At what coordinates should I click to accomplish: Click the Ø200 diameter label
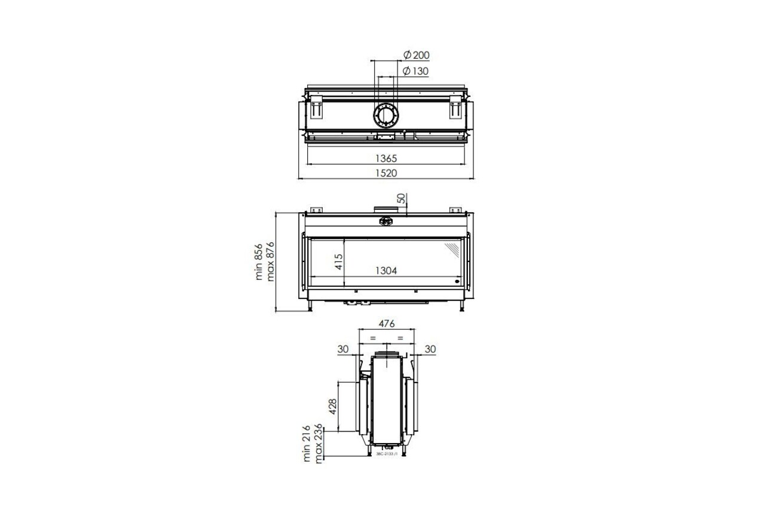click(416, 56)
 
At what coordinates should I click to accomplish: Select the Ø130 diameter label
click(416, 71)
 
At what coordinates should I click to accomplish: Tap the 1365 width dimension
click(386, 158)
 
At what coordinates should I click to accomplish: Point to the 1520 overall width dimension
click(386, 173)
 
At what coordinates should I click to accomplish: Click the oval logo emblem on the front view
click(385, 221)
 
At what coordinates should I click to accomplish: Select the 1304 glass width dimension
click(386, 270)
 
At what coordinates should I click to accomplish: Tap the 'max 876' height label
click(270, 261)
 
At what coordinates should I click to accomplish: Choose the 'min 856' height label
click(259, 262)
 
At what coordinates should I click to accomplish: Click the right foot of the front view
click(463, 307)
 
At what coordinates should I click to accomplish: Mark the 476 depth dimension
click(387, 323)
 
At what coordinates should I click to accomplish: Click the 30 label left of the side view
click(343, 349)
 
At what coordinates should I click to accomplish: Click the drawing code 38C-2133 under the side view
click(386, 454)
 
